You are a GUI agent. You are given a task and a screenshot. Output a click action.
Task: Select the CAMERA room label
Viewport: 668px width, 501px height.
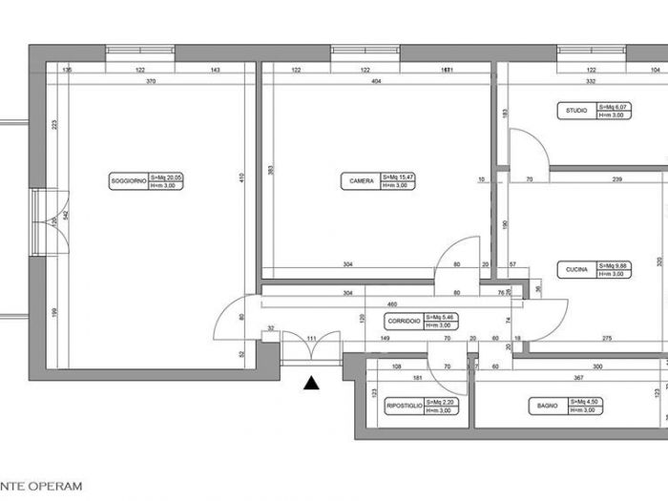[x=361, y=179]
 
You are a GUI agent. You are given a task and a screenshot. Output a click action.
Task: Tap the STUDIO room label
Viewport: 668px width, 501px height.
[x=576, y=112]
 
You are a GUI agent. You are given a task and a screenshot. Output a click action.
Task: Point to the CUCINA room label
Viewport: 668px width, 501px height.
[x=576, y=270]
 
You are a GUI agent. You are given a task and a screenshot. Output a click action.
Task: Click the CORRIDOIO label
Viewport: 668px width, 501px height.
[x=404, y=321]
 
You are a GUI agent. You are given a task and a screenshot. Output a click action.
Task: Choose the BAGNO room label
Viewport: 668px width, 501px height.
[x=547, y=407]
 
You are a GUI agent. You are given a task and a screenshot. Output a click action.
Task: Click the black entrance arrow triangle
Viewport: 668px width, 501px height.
[x=311, y=384]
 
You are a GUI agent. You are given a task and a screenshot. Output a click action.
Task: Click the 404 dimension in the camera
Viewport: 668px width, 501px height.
[x=376, y=83]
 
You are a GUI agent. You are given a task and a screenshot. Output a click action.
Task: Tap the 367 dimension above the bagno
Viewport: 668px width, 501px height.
[x=551, y=379]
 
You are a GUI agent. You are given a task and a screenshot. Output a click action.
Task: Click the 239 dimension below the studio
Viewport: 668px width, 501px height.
[x=617, y=179]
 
